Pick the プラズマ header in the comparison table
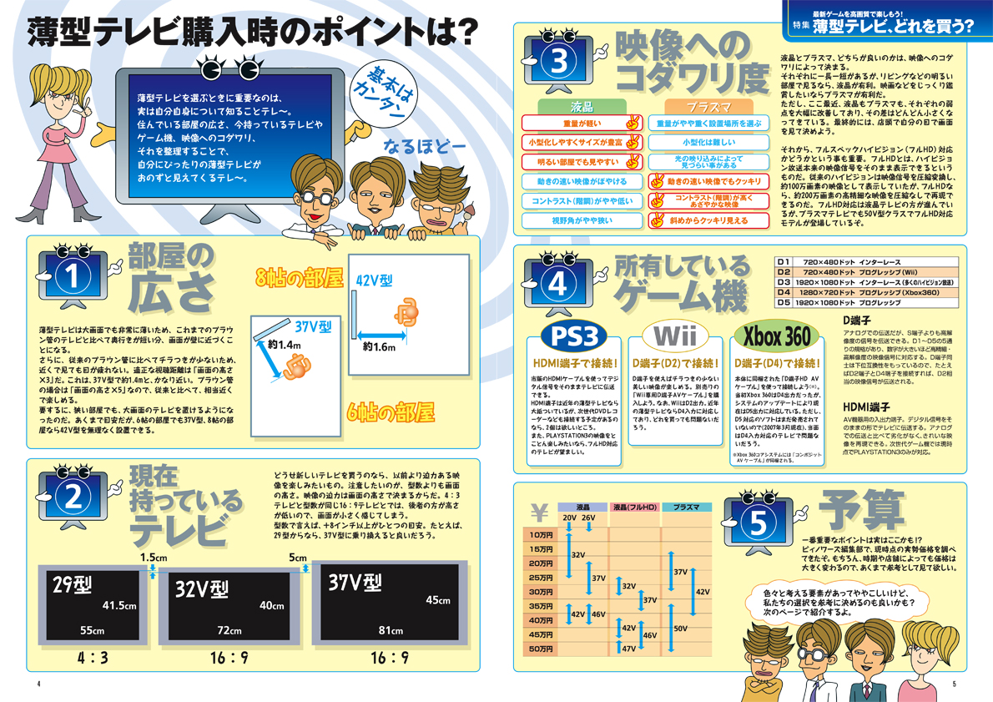[708, 107]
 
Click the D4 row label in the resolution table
[783, 292]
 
